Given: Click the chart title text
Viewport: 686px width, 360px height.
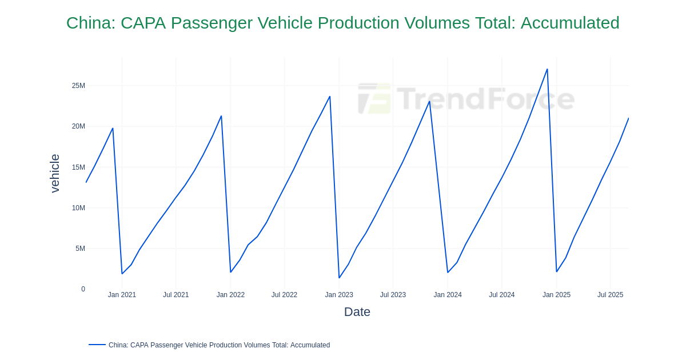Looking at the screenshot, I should (x=342, y=23).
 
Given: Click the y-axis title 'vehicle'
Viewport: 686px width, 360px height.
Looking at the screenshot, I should (x=55, y=173).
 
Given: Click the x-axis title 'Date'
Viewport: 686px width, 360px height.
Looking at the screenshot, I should (x=357, y=312).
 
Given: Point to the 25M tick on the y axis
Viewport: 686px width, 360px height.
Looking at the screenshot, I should (x=78, y=86).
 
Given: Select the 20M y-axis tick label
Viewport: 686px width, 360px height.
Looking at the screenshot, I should (x=78, y=126).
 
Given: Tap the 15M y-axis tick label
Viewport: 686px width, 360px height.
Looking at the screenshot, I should (x=78, y=167).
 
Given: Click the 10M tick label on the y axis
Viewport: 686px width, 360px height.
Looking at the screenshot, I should (x=78, y=208).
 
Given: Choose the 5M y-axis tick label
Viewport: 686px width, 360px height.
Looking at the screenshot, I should (x=80, y=249).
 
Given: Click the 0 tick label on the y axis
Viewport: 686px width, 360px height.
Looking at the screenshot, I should (x=83, y=289).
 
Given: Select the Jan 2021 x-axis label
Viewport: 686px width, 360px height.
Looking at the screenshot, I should (x=122, y=295).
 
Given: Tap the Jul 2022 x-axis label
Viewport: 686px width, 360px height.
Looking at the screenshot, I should (x=284, y=295).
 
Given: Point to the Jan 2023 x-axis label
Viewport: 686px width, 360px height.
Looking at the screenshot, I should (x=339, y=295).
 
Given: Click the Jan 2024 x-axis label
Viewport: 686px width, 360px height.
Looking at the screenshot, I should (x=448, y=295).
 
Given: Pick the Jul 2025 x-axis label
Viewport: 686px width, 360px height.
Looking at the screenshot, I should (x=610, y=295).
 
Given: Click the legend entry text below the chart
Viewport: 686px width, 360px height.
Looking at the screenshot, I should (x=219, y=345).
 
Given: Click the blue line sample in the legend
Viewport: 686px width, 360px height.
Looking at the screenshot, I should (x=97, y=345).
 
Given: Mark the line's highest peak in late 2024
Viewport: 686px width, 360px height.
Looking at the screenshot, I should (x=547, y=69).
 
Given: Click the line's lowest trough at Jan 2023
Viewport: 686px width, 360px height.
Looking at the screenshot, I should (x=339, y=278).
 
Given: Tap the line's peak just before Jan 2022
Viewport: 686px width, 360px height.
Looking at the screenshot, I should (x=221, y=116).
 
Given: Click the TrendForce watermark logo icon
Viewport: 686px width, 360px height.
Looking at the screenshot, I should (x=374, y=98).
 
